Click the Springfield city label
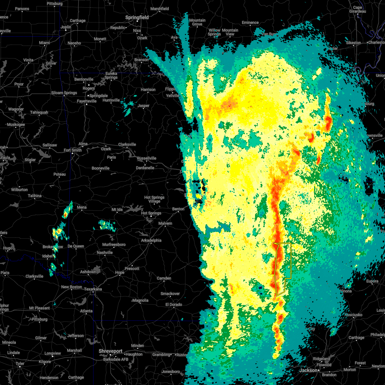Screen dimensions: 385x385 pyautogui.click(x=137, y=17)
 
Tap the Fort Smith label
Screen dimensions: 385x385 pyautogui.click(x=73, y=150)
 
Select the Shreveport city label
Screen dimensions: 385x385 pyautogui.click(x=111, y=351)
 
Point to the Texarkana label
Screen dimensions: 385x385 pyautogui.click(x=93, y=289)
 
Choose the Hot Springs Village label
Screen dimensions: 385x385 pyautogui.click(x=154, y=199)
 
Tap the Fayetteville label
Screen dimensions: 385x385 pyautogui.click(x=87, y=101)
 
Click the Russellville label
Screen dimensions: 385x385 pyautogui.click(x=147, y=158)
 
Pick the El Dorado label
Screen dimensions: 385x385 pyautogui.click(x=174, y=304)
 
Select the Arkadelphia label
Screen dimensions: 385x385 pyautogui.click(x=151, y=240)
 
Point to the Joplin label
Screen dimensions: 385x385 pyautogui.click(x=66, y=27)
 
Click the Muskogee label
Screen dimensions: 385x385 pyautogui.click(x=16, y=124)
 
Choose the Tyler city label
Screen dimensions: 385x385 pyautogui.click(x=20, y=364)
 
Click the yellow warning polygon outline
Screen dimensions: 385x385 pyautogui.click(x=291, y=260)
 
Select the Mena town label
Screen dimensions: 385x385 pyautogui.click(x=81, y=207)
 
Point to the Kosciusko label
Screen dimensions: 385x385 pyautogui.click(x=353, y=315)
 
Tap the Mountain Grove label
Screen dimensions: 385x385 pyautogui.click(x=197, y=22)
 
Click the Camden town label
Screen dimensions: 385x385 pyautogui.click(x=164, y=278)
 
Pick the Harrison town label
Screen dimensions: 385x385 pyautogui.click(x=148, y=90)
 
